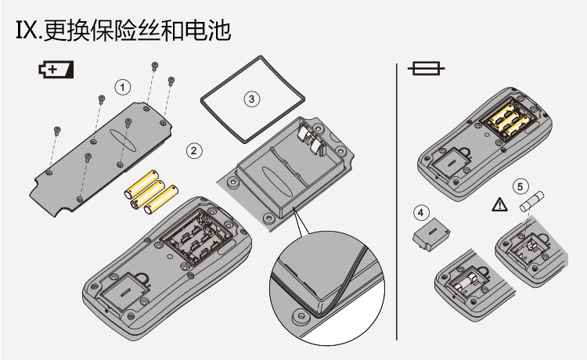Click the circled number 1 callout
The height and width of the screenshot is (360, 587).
pyautogui.click(x=123, y=85)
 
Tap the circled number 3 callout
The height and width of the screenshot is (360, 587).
pyautogui.click(x=250, y=99)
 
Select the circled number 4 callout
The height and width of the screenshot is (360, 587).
pyautogui.click(x=421, y=211)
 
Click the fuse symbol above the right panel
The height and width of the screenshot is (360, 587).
pyautogui.click(x=426, y=70)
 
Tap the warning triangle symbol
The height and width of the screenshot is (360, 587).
pyautogui.click(x=498, y=206)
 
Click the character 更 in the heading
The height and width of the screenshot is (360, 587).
pyautogui.click(x=56, y=31)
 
